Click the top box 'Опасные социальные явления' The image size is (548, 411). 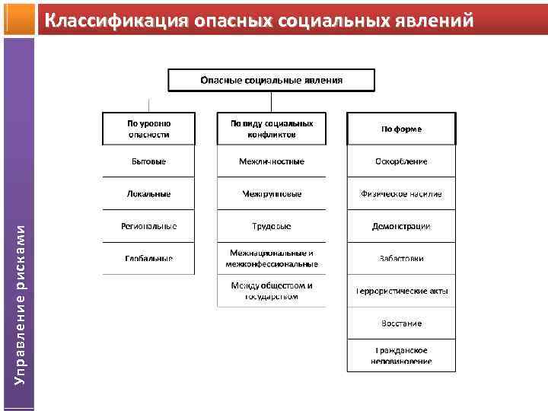pyautogui.click(x=271, y=81)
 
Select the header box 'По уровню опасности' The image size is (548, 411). pyautogui.click(x=148, y=129)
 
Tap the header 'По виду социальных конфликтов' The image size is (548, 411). pyautogui.click(x=271, y=129)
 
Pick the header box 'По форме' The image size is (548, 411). pyautogui.click(x=401, y=129)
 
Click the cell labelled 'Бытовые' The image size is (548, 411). pyautogui.click(x=148, y=161)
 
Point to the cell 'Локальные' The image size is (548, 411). pyautogui.click(x=148, y=194)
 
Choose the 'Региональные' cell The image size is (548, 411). pyautogui.click(x=148, y=226)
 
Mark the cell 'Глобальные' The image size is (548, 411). pyautogui.click(x=148, y=259)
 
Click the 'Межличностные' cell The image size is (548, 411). pyautogui.click(x=271, y=161)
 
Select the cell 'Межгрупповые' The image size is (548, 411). pyautogui.click(x=271, y=194)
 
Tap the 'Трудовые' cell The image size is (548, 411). pyautogui.click(x=271, y=226)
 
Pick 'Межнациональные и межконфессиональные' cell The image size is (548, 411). pyautogui.click(x=271, y=259)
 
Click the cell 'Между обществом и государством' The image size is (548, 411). pyautogui.click(x=271, y=291)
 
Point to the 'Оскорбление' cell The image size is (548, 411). pyautogui.click(x=401, y=161)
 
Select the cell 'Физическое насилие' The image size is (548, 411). pyautogui.click(x=401, y=194)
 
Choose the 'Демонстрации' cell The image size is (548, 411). pyautogui.click(x=401, y=226)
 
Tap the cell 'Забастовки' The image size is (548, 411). pyautogui.click(x=401, y=259)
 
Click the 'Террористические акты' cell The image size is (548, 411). pyautogui.click(x=401, y=291)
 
